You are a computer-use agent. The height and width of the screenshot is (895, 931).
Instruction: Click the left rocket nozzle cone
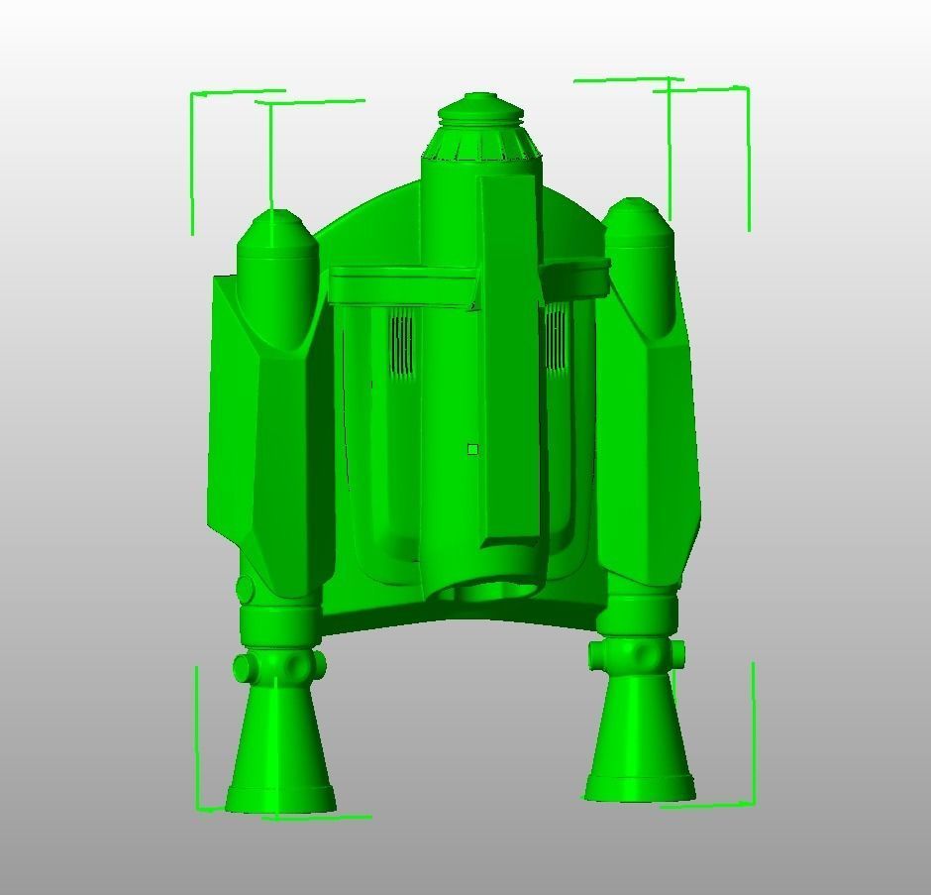[280, 748]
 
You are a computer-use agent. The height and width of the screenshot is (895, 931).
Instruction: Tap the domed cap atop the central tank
[480, 109]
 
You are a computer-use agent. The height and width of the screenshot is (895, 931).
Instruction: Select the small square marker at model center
[472, 450]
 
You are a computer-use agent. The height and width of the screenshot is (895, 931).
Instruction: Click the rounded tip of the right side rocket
[635, 213]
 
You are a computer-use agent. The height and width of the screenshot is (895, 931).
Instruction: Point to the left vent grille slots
[401, 343]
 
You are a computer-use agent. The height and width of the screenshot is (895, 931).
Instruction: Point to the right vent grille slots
[556, 338]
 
